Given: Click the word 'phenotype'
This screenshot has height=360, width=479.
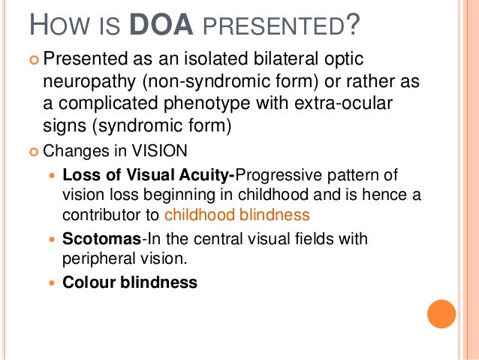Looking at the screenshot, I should coord(222,102).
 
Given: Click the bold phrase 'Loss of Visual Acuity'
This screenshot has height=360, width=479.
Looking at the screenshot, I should coord(149,175).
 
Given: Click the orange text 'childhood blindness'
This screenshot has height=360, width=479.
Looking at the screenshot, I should coord(237,214).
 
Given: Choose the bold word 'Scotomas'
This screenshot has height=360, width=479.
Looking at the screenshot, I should coord(92,240).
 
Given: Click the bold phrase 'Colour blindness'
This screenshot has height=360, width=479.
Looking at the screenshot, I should coord(130,283).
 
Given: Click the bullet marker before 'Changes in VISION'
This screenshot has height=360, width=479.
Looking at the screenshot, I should coord(32,150).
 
